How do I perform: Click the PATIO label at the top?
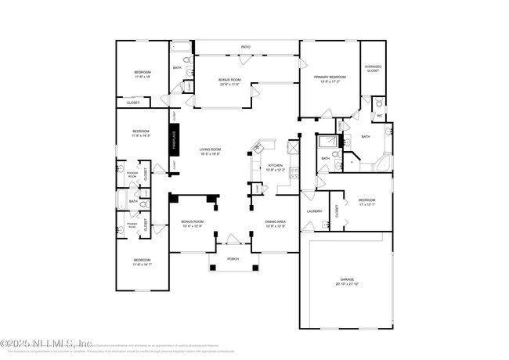pyautogui.click(x=246, y=49)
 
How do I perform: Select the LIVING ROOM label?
pyautogui.click(x=210, y=149)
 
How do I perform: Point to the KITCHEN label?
pyautogui.click(x=275, y=165)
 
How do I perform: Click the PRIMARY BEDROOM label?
pyautogui.click(x=330, y=77)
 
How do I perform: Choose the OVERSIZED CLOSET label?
pyautogui.click(x=374, y=68)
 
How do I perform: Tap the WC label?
pyautogui.click(x=378, y=116)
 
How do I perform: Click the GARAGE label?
pyautogui.click(x=346, y=279)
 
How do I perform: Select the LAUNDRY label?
pyautogui.click(x=316, y=211)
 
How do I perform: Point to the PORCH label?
pyautogui.click(x=233, y=258)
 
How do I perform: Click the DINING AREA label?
pyautogui.click(x=274, y=222)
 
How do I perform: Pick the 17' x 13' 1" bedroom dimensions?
pyautogui.click(x=367, y=204)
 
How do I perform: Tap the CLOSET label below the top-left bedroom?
pyautogui.click(x=132, y=103)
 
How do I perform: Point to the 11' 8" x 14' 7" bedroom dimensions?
pyautogui.click(x=142, y=264)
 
